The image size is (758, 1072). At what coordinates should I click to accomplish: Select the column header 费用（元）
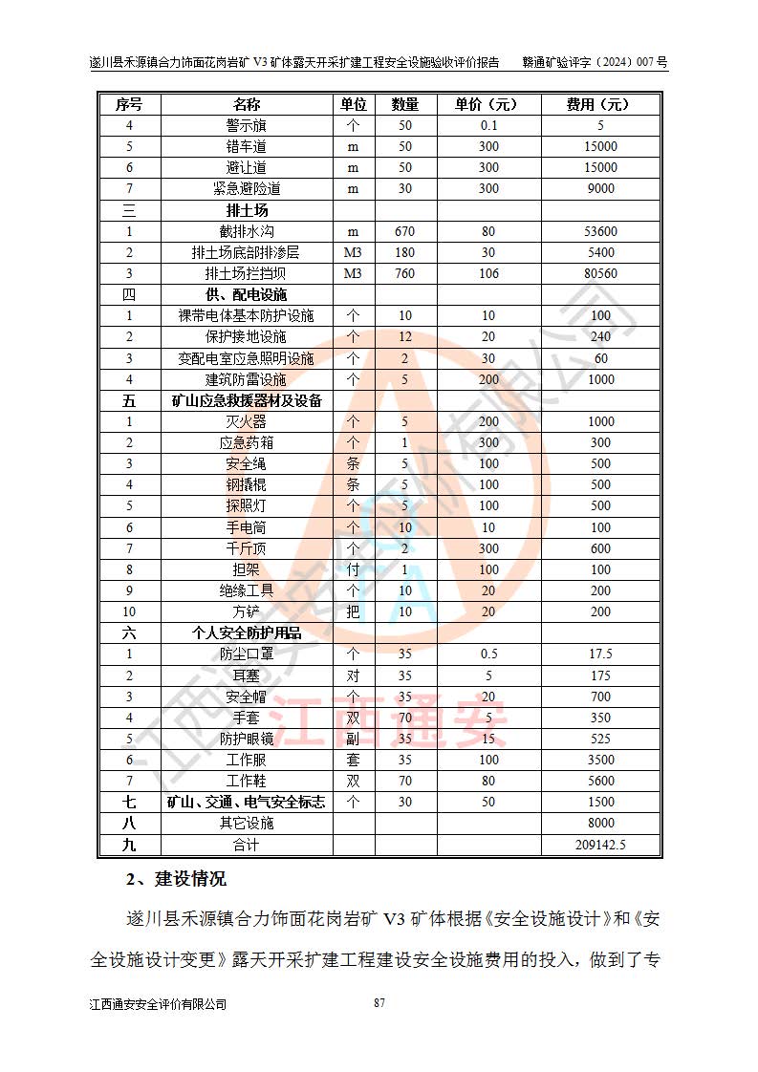point(600,104)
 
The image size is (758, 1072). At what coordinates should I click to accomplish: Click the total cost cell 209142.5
point(600,845)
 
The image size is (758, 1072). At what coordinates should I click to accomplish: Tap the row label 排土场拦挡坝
point(246,273)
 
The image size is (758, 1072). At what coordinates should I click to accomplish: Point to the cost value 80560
point(600,273)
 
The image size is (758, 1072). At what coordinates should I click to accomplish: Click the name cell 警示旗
point(246,125)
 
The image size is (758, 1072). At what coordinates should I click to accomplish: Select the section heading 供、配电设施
point(246,294)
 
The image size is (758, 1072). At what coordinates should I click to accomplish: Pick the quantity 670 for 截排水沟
point(404,231)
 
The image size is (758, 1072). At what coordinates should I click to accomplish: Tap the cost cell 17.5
point(600,654)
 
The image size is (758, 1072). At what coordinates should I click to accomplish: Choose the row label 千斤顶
point(246,548)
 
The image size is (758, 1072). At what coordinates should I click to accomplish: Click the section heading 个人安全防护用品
point(246,632)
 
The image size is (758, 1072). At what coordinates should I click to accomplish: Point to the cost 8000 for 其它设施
point(600,823)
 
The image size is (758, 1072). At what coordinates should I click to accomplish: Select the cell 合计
point(246,845)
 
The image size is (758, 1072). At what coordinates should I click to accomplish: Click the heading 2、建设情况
point(176,879)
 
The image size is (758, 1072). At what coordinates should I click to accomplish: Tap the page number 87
point(379,1002)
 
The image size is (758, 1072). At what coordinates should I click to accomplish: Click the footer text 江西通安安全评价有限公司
point(157,1004)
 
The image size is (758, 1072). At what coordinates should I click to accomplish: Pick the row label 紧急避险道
point(246,188)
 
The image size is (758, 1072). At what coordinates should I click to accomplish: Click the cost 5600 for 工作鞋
point(600,781)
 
